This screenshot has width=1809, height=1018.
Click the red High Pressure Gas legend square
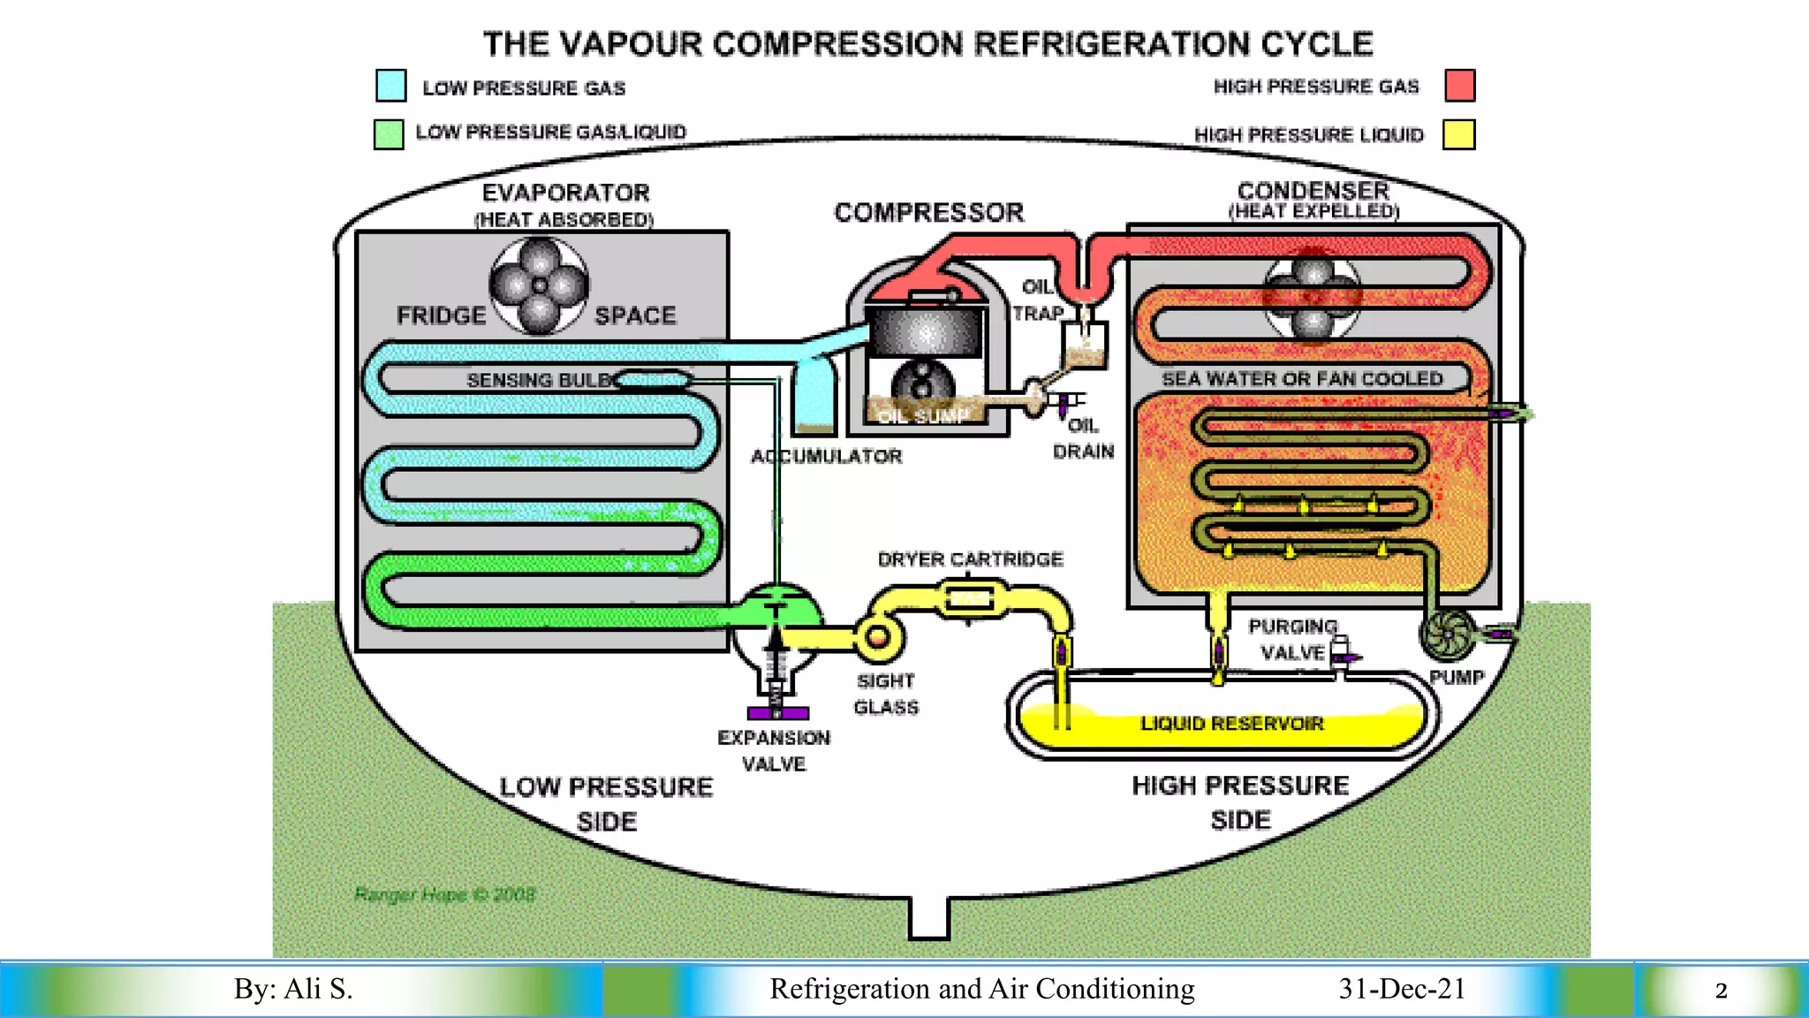click(x=1460, y=86)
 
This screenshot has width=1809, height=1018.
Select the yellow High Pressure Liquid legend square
click(x=1458, y=134)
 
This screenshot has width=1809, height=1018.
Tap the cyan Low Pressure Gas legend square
click(x=390, y=86)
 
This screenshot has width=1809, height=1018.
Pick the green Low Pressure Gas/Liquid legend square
click(x=389, y=134)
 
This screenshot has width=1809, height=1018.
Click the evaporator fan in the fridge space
click(x=539, y=285)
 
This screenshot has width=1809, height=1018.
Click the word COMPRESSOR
click(x=928, y=212)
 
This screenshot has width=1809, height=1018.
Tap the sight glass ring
click(x=878, y=637)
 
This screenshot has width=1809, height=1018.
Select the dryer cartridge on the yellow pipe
click(x=970, y=599)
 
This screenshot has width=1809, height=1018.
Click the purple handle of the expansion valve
click(x=777, y=713)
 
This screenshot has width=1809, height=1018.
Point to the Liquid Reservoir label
click(x=1231, y=724)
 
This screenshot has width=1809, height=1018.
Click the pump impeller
click(x=1447, y=634)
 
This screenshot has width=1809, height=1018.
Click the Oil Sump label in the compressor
click(x=922, y=416)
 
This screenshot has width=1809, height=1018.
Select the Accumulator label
click(x=826, y=456)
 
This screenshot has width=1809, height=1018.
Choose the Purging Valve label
click(x=1292, y=639)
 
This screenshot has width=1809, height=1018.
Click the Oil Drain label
click(x=1083, y=438)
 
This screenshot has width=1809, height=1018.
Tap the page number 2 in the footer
click(x=1721, y=990)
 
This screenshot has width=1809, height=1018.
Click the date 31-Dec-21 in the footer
click(x=1402, y=988)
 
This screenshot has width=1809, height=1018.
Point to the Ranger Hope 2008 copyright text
click(x=444, y=894)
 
